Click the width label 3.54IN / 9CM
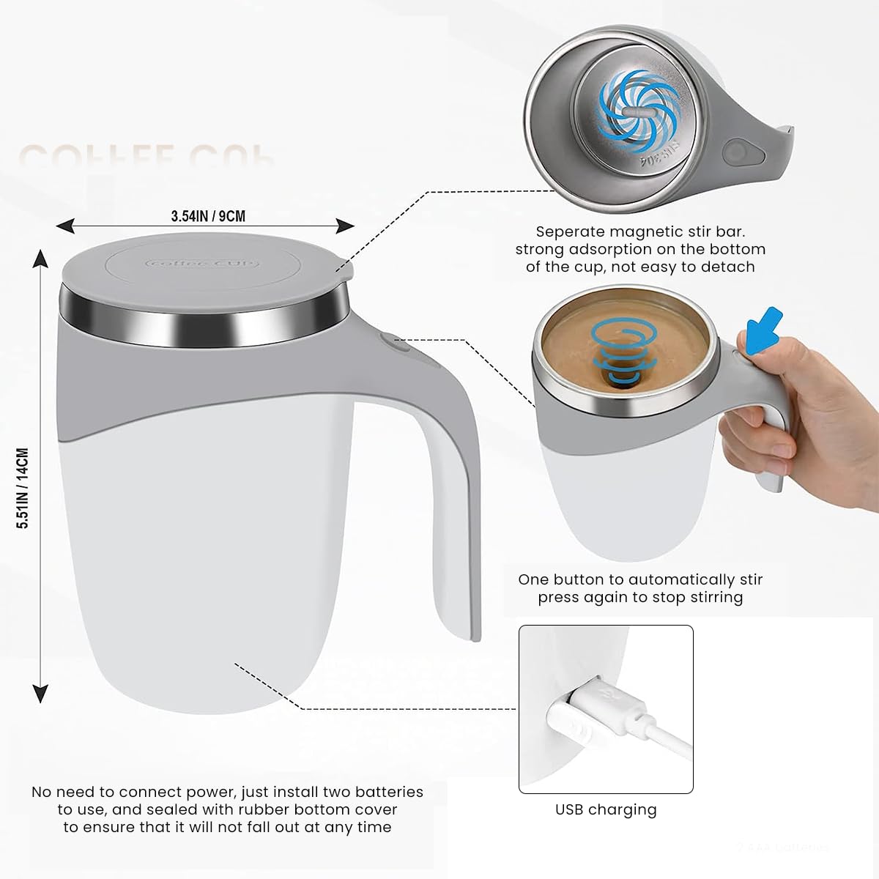[x=208, y=216]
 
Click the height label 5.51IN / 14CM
[x=23, y=488]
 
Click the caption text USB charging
[x=606, y=809]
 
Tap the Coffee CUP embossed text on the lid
[x=202, y=263]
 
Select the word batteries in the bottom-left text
[x=389, y=792]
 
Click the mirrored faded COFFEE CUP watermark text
[x=146, y=155]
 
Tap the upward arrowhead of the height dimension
[x=41, y=257]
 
